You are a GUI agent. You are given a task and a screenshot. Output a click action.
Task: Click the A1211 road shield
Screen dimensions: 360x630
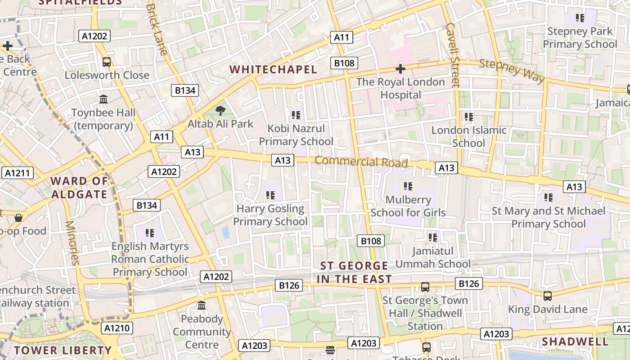tap(18, 172)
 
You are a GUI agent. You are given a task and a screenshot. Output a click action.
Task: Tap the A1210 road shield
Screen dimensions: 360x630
tap(117, 328)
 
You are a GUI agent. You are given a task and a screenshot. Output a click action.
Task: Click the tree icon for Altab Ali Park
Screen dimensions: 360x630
tap(220, 111)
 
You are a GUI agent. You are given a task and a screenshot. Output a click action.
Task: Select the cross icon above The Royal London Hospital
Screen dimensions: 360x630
tap(400, 69)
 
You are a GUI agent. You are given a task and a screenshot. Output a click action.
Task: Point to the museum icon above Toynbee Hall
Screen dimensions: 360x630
tap(103, 99)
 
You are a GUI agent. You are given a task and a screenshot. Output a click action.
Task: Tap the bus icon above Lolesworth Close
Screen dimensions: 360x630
tap(107, 62)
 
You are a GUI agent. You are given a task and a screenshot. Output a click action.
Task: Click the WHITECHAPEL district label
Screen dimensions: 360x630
tap(273, 69)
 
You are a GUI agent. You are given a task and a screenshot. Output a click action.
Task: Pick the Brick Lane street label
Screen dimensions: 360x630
tap(157, 29)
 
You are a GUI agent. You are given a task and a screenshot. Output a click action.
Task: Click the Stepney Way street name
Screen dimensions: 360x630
tap(512, 71)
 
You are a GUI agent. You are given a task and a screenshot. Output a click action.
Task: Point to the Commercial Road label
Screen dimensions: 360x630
tap(361, 162)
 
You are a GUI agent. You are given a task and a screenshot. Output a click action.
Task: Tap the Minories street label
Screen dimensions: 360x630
tap(72, 243)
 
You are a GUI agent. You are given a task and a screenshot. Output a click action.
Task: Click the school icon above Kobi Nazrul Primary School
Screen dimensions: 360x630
tap(296, 115)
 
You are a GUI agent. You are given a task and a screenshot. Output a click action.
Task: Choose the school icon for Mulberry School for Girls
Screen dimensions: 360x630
tap(408, 186)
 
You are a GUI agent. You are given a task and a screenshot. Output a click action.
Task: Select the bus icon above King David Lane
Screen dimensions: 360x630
tap(547, 296)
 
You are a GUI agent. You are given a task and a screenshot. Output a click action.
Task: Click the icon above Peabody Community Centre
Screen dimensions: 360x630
tap(202, 306)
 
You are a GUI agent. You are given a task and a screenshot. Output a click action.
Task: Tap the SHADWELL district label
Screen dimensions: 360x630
tap(575, 342)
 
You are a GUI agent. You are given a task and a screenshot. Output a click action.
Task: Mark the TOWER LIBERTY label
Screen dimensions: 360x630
tap(62, 350)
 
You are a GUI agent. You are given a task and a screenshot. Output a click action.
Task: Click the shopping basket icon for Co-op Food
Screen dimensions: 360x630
tap(18, 218)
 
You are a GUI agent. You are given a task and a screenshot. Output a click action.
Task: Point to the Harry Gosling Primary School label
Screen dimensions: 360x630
tap(270, 215)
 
